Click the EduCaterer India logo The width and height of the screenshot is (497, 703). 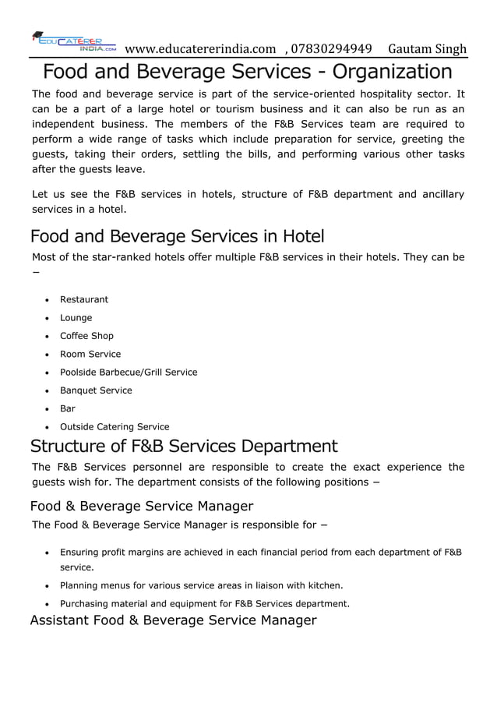click(x=73, y=42)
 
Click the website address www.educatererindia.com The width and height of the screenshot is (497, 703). click(x=200, y=49)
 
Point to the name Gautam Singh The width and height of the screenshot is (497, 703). click(x=427, y=49)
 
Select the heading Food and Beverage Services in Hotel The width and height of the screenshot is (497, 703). click(x=177, y=235)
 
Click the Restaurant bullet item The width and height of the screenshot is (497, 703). click(x=84, y=299)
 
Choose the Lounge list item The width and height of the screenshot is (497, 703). click(x=76, y=318)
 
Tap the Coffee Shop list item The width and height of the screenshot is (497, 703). click(x=86, y=336)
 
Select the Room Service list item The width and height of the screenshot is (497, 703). click(x=90, y=354)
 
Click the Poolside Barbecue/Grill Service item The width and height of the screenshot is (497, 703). click(x=129, y=373)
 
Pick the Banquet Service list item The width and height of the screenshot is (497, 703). click(x=96, y=390)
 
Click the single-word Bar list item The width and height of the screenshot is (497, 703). click(x=68, y=408)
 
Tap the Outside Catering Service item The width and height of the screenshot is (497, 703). click(x=115, y=426)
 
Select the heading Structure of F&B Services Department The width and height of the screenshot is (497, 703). click(x=184, y=447)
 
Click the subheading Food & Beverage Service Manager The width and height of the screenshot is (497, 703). click(x=142, y=506)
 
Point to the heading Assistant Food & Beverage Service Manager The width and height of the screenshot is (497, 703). click(x=173, y=620)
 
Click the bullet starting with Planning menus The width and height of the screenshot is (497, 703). click(x=202, y=585)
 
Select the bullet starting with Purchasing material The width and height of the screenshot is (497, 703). click(x=205, y=603)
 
